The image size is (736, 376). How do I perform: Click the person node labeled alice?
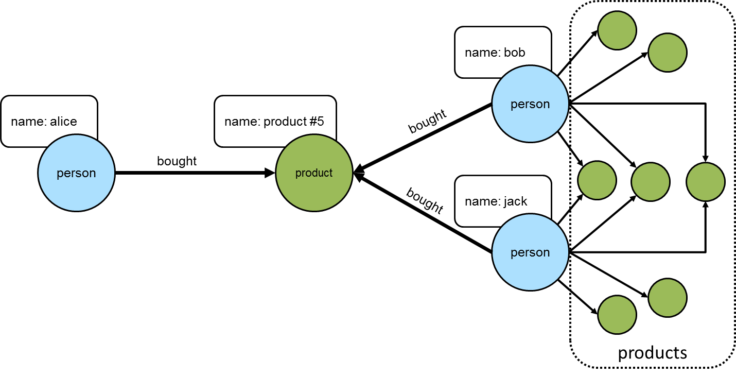[x=76, y=173]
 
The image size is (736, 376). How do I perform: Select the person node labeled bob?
[x=530, y=104]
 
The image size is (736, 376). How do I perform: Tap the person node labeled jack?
[x=530, y=252]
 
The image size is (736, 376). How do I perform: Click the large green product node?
[x=314, y=173]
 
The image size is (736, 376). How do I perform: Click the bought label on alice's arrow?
[x=177, y=161]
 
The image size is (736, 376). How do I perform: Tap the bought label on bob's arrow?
[x=427, y=123]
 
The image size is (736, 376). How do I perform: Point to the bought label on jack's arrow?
[x=425, y=200]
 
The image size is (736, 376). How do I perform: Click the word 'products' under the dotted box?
[x=652, y=353]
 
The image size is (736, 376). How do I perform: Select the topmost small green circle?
[x=617, y=30]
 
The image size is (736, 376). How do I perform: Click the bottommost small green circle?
[x=617, y=315]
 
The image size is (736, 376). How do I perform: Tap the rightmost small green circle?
[x=706, y=181]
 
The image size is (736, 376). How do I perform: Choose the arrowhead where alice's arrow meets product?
[x=270, y=173]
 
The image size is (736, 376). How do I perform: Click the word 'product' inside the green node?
[x=314, y=173]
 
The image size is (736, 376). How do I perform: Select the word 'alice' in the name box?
[x=63, y=122]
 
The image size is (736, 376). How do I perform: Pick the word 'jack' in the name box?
[x=515, y=201]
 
